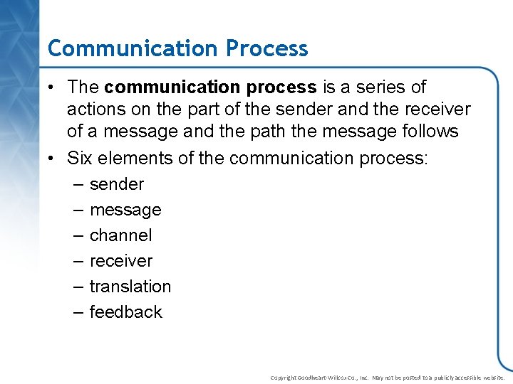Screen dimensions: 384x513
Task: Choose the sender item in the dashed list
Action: (x=117, y=184)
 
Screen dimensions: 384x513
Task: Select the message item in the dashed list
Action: (x=125, y=210)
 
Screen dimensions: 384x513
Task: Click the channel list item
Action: (x=121, y=235)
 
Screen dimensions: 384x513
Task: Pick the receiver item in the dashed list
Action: (x=121, y=261)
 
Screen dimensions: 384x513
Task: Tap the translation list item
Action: (x=130, y=287)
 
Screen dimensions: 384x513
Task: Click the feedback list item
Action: (x=126, y=312)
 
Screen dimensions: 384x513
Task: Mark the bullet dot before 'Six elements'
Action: (x=52, y=159)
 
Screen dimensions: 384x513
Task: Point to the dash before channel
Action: (x=78, y=235)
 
